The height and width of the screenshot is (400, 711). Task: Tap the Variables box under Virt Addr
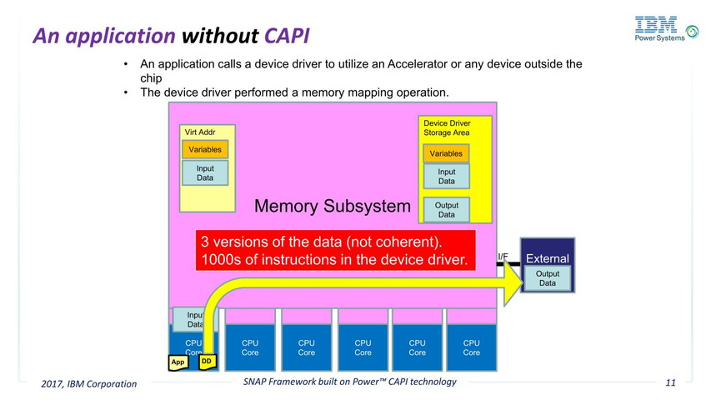[205, 150]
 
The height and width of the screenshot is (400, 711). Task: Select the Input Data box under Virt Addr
[205, 172]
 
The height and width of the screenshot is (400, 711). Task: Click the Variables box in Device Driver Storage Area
[446, 153]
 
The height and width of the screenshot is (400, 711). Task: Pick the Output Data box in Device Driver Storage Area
[446, 210]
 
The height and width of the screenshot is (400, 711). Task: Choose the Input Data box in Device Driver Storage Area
[446, 177]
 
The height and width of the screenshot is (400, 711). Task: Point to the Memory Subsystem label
[332, 206]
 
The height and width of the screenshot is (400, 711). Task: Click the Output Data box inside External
[547, 278]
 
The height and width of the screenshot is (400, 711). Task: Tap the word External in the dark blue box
[547, 259]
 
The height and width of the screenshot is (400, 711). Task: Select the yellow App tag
[178, 362]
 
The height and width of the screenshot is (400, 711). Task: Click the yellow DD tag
[207, 362]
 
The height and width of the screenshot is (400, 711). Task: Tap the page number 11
[670, 383]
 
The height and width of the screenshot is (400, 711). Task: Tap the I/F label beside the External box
[503, 257]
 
